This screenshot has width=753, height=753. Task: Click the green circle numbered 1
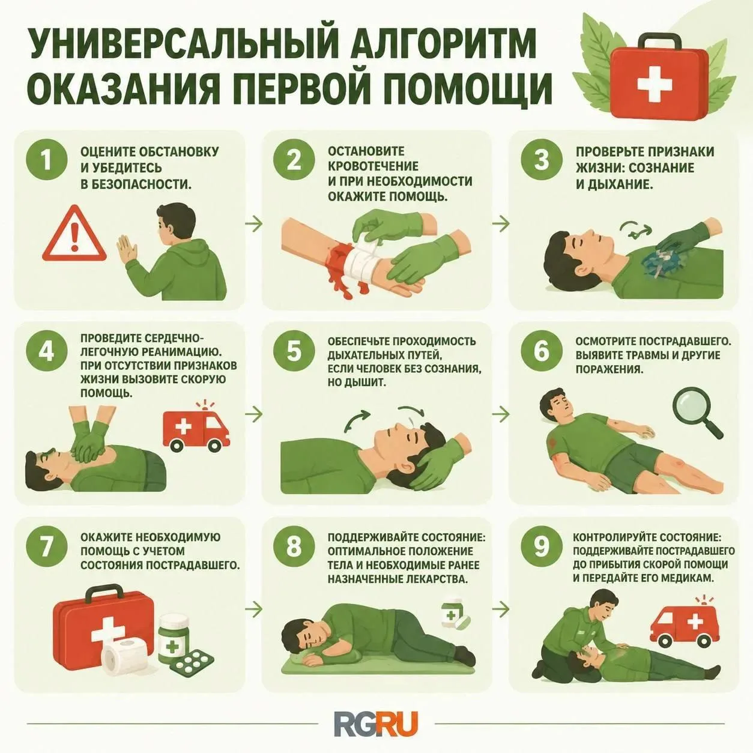(x=47, y=160)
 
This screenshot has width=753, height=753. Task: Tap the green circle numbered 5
(x=294, y=351)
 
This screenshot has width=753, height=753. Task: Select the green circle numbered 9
(x=541, y=546)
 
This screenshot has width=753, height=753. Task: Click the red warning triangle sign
(x=74, y=234)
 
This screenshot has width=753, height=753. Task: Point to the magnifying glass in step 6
(x=698, y=412)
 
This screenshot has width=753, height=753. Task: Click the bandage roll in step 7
(x=125, y=659)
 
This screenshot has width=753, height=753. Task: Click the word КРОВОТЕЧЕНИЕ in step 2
(x=373, y=166)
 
